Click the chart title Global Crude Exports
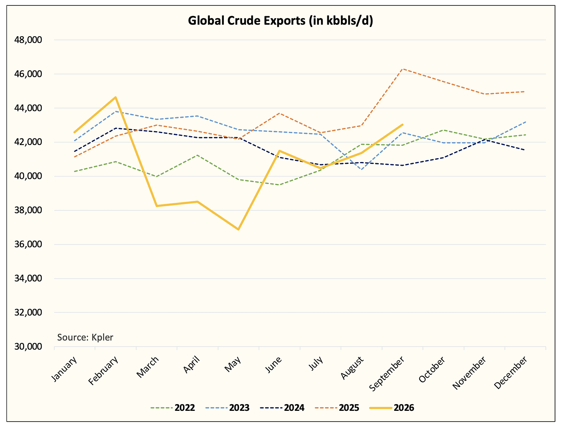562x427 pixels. (281, 21)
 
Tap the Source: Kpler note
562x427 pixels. (85, 338)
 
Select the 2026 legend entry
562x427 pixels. (392, 408)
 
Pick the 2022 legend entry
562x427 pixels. (173, 408)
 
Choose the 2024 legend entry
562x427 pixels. (282, 408)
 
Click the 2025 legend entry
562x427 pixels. (337, 408)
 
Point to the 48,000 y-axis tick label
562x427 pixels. (28, 40)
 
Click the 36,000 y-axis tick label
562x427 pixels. (28, 244)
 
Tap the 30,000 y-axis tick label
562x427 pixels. (28, 346)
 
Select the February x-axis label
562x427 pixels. (103, 370)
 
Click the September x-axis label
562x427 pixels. (387, 373)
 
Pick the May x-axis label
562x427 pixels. (233, 364)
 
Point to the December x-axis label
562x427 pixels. (511, 372)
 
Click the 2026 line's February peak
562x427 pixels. (116, 97)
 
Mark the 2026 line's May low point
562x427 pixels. (239, 230)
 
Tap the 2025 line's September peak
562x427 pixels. (403, 69)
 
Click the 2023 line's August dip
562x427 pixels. (362, 169)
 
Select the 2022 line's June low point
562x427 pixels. (279, 185)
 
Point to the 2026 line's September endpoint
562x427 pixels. (403, 125)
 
